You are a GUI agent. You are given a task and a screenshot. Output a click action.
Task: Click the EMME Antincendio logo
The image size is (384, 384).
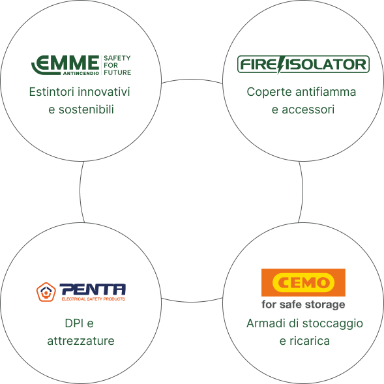81,65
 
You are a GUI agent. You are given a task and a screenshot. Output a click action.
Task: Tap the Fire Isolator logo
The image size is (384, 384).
303,65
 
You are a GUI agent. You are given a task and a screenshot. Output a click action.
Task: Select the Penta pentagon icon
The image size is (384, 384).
46,292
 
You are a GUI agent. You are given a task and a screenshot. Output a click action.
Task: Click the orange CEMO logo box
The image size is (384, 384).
303,282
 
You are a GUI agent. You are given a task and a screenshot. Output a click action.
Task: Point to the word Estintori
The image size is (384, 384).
52,92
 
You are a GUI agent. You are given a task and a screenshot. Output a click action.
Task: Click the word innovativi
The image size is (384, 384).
104,92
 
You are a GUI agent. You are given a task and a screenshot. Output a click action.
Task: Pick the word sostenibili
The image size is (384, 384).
86,110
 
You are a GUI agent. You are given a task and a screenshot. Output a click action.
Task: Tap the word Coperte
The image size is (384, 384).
269,93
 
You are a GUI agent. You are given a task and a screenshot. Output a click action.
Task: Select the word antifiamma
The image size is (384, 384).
325,92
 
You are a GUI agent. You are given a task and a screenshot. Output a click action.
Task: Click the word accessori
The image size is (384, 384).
308,110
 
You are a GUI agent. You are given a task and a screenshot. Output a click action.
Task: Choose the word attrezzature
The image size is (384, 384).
81,341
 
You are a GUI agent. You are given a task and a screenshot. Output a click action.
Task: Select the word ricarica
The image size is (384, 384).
310,341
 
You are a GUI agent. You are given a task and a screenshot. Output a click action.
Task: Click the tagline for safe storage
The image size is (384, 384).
303,304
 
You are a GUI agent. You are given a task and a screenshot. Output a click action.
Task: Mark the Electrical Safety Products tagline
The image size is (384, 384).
93,299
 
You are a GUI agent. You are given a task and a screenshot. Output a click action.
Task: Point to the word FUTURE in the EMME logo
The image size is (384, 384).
117,72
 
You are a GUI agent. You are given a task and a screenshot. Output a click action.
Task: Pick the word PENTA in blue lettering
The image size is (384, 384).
93,289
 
